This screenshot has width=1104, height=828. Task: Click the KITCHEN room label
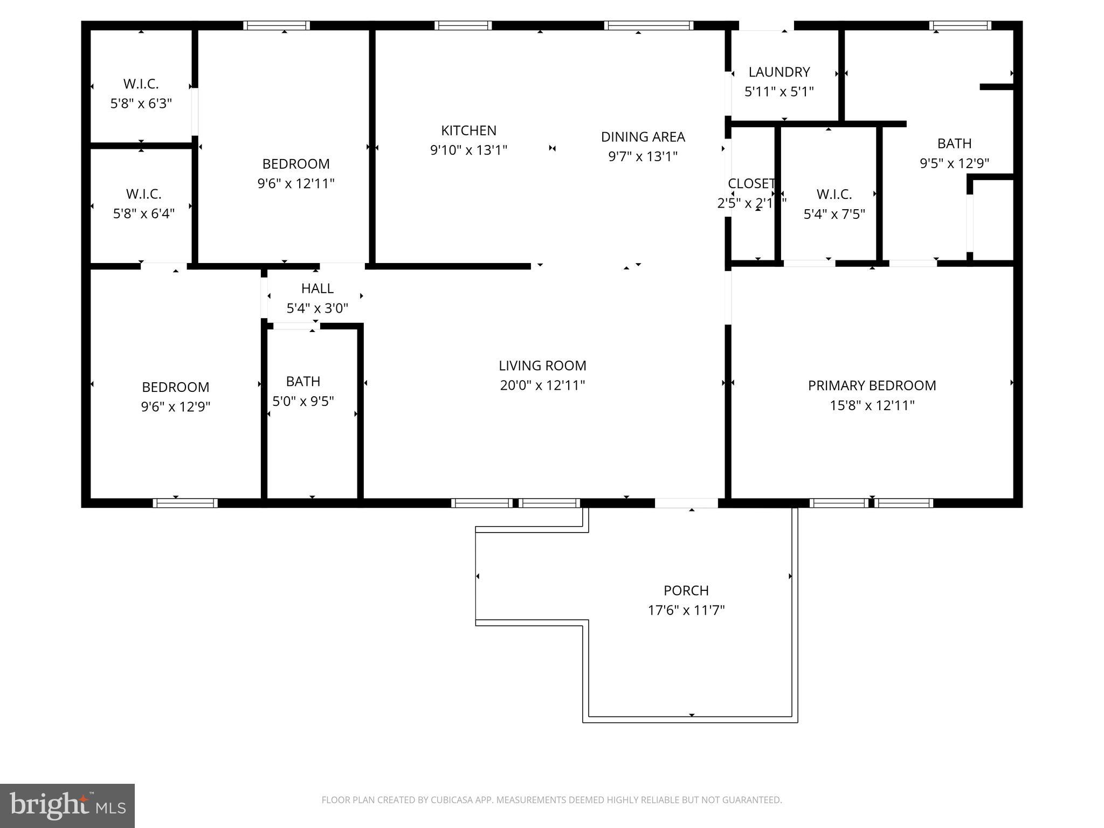468,130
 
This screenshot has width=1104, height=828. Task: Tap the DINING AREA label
643,137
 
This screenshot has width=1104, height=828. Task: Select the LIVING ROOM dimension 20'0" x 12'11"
542,385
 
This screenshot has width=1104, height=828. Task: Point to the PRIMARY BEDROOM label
872,385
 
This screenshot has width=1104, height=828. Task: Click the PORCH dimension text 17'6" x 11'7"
686,610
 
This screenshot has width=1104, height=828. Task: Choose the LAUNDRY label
779,72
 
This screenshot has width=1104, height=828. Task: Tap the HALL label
317,288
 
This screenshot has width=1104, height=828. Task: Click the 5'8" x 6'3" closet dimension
141,103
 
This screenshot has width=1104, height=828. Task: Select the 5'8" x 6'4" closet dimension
143,214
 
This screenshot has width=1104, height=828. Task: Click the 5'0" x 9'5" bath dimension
303,402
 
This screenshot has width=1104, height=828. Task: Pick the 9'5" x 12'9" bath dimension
954,163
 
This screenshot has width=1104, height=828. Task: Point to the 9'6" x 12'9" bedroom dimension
175,407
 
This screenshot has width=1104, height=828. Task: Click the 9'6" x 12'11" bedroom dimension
296,184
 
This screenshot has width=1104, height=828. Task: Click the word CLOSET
751,184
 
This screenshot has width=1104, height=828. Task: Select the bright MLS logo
67,805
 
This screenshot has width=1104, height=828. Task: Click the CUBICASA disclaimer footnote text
551,800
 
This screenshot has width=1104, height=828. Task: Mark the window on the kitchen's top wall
463,25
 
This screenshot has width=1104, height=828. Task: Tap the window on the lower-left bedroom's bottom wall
185,503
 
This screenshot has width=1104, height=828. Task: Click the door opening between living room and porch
686,503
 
